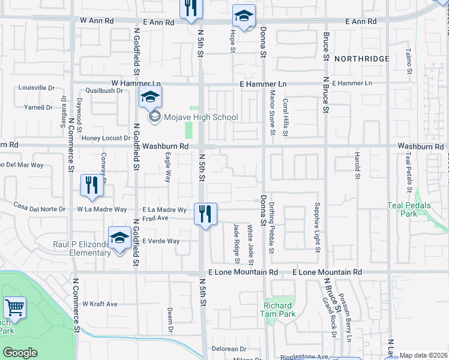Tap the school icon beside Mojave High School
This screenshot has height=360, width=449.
pyautogui.click(x=151, y=96)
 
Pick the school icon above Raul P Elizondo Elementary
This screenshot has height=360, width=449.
pyautogui.click(x=120, y=238)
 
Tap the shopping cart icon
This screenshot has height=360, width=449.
pyautogui.click(x=14, y=308)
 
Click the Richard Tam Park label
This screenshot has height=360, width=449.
pyautogui.click(x=279, y=310)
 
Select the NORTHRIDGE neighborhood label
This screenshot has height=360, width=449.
pyautogui.click(x=362, y=59)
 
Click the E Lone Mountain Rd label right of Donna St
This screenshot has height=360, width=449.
pyautogui.click(x=327, y=272)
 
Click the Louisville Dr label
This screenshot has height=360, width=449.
pyautogui.click(x=37, y=88)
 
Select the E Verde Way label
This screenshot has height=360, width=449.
pyautogui.click(x=161, y=241)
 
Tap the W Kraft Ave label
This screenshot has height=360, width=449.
pyautogui.click(x=100, y=304)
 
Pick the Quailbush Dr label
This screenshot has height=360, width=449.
pyautogui.click(x=104, y=91)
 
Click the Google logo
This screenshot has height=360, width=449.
pyautogui.click(x=20, y=353)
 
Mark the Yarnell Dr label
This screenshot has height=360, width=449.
pyautogui.click(x=38, y=108)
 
